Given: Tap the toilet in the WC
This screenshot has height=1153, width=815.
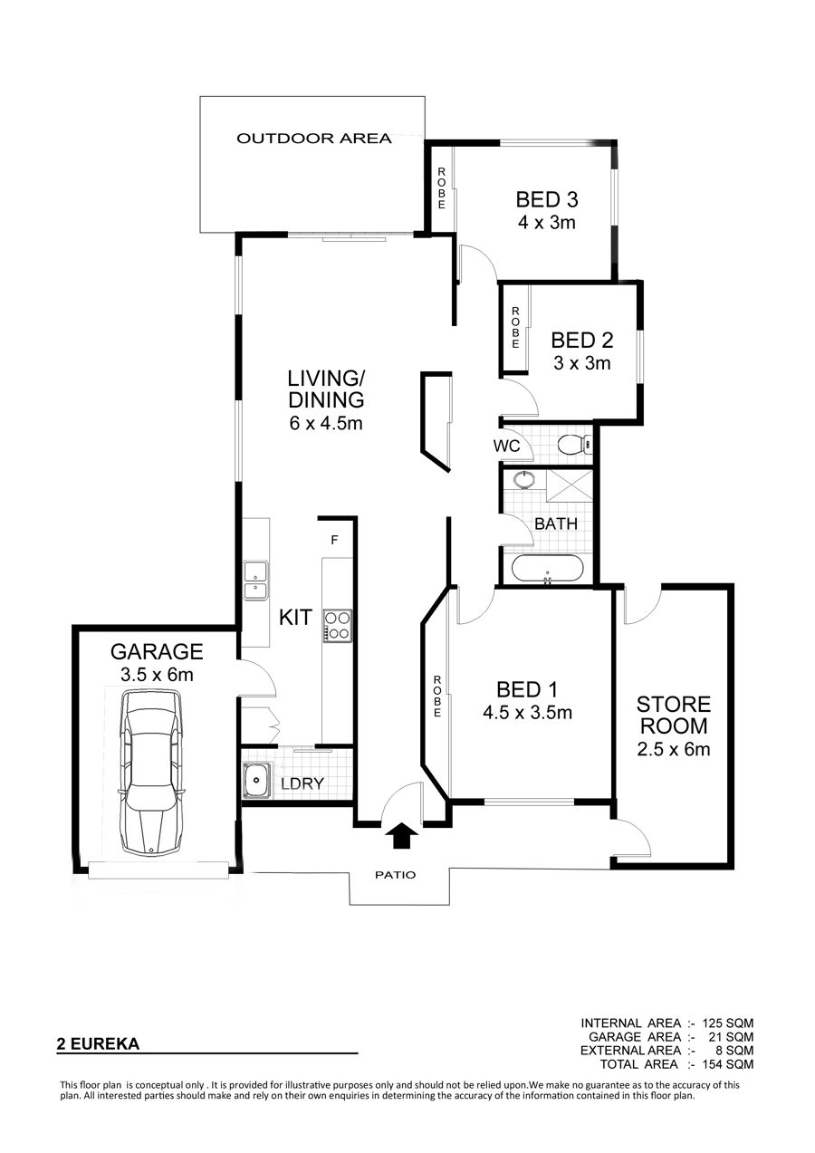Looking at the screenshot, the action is [575, 444].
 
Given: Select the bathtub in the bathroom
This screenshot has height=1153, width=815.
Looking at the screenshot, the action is [548, 570].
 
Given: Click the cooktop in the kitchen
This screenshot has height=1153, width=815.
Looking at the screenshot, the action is [338, 625].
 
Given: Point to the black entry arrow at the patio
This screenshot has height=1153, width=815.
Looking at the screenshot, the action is [402, 835].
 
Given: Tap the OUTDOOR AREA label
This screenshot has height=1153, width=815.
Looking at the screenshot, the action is [314, 138].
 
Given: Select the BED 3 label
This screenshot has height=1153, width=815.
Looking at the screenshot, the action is [546, 199].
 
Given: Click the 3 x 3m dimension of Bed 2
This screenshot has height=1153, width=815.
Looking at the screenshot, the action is [582, 363].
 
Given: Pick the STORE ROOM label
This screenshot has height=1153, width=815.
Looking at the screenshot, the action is [674, 715].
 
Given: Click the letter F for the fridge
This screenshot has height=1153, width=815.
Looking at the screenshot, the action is [334, 540].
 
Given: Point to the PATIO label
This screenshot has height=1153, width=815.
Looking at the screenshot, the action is [395, 875].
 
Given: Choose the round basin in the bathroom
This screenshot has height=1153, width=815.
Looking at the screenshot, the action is [523, 479].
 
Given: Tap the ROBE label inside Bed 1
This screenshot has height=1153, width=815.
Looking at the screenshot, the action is [437, 697].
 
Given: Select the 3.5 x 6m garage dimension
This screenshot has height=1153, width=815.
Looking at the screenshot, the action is [157, 674].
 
